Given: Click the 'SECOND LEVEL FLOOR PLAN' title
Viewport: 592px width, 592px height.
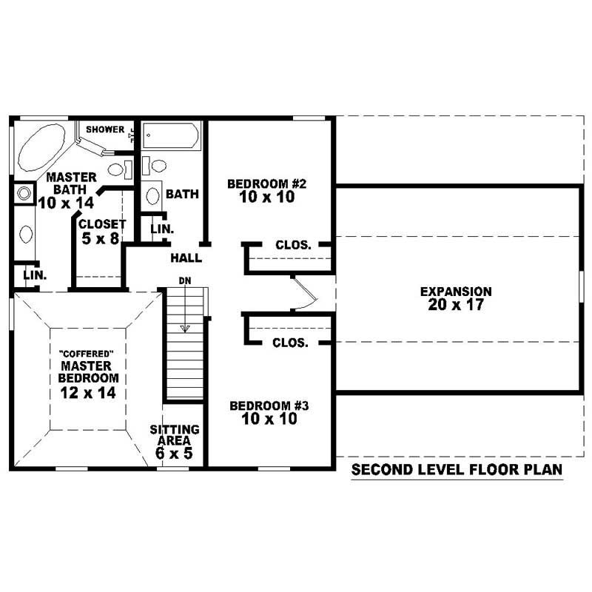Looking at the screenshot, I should click(x=457, y=470).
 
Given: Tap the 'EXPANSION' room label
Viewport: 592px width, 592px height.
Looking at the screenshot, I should click(x=456, y=292).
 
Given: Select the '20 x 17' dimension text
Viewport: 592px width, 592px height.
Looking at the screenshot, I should click(x=456, y=305).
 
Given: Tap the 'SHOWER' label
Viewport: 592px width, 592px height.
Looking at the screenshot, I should click(x=105, y=130).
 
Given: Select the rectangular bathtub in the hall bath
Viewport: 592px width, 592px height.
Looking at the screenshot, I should click(x=171, y=136).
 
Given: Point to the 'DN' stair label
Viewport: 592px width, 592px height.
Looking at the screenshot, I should click(x=184, y=280).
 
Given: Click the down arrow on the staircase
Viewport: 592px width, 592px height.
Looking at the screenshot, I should click(x=184, y=327).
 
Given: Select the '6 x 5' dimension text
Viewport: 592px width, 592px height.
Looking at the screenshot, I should click(x=174, y=453).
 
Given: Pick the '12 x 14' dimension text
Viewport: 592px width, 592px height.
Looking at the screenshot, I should click(x=87, y=393).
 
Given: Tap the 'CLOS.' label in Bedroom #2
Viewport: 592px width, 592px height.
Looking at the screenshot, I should click(x=292, y=245).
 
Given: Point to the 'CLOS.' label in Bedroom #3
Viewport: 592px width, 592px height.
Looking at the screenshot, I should click(x=289, y=343).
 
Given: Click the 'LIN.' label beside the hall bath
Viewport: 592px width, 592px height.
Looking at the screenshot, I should click(x=162, y=229).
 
